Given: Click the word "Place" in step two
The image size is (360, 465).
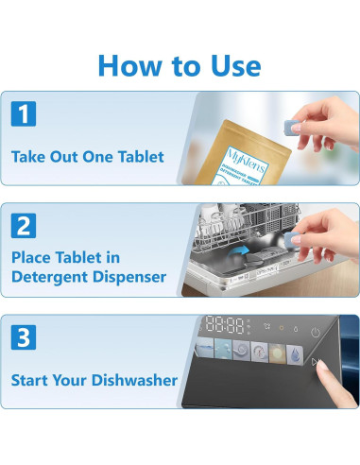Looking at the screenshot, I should coord(34,255).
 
